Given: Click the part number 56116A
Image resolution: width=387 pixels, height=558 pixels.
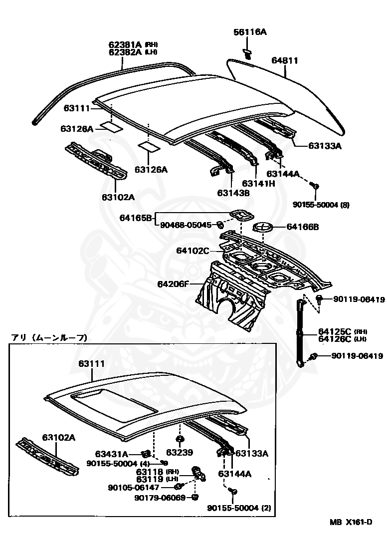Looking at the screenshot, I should [x=250, y=32].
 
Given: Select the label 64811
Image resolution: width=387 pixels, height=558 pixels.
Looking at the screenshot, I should [x=284, y=61].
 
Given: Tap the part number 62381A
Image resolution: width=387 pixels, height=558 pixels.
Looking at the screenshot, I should [x=126, y=44].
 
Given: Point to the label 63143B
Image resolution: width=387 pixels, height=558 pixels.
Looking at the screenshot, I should [x=233, y=193].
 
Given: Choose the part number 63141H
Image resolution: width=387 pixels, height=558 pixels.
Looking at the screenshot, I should [x=258, y=183].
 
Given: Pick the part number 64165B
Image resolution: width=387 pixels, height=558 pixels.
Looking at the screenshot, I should [x=135, y=218].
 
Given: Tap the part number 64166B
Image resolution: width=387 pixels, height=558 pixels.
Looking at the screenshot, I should [x=302, y=227].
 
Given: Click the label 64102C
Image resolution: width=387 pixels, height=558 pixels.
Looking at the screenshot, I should [x=193, y=251].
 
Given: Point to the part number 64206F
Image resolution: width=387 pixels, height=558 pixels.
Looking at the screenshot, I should [x=174, y=284].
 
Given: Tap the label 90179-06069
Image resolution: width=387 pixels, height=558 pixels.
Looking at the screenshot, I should [x=160, y=498].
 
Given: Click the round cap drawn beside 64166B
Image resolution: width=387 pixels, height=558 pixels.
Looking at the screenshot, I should [x=264, y=229].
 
